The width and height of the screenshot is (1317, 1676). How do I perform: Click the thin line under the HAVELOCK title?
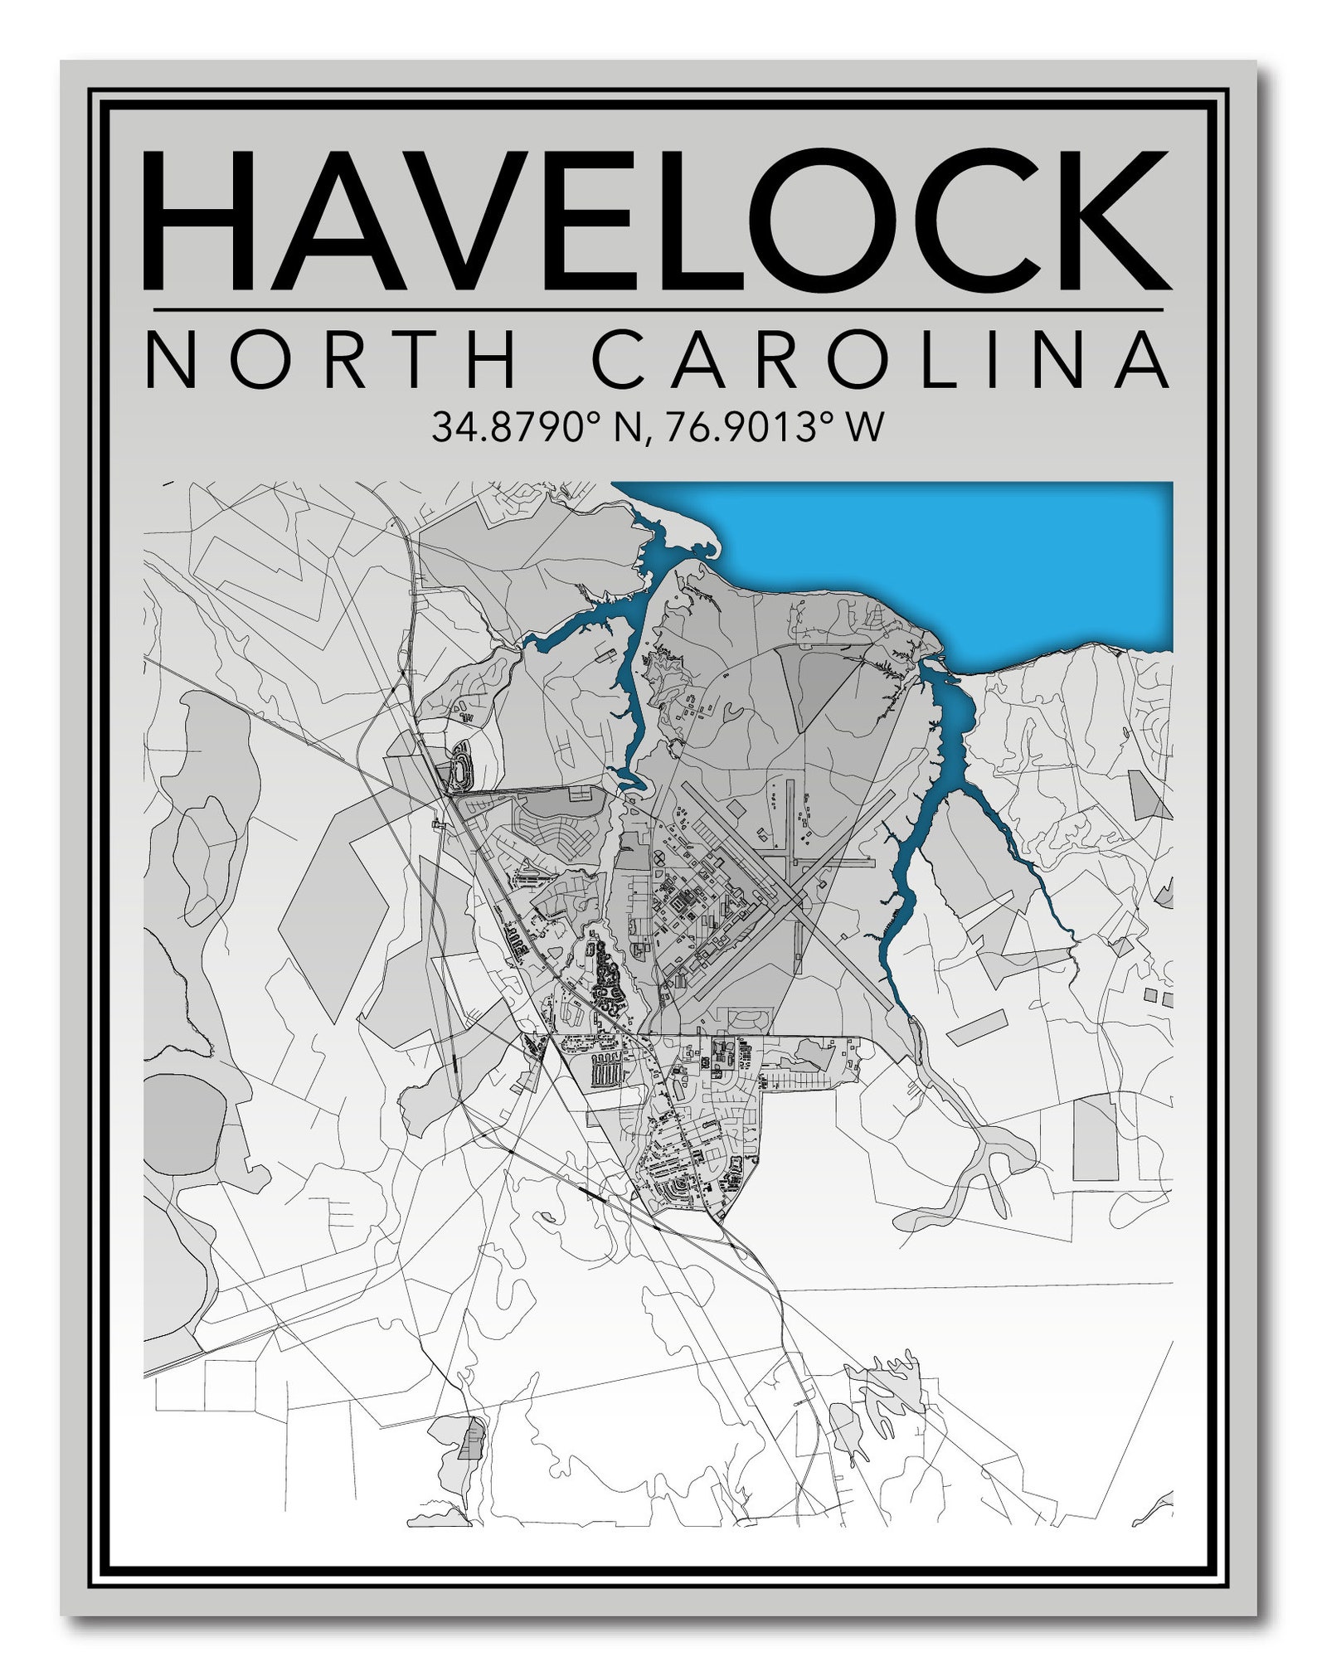point(658,310)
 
